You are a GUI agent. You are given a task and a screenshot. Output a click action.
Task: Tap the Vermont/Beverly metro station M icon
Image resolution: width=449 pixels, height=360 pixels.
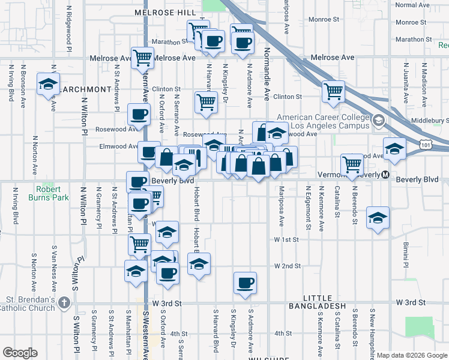click(385, 175)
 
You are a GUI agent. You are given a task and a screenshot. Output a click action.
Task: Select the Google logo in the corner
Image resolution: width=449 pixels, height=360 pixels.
click(20, 353)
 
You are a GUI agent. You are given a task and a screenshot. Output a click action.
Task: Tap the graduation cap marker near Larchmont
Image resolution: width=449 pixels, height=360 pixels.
click(49, 83)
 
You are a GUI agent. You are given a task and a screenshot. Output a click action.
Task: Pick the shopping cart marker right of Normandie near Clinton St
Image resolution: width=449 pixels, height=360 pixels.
click(333, 91)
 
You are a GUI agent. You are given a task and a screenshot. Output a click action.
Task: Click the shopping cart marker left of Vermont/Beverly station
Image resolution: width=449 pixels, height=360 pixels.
click(352, 164)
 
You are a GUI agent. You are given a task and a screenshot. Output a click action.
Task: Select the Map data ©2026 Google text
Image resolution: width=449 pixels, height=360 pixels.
click(411, 355)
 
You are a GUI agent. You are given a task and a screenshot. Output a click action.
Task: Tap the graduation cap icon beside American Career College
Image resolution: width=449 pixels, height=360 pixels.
click(378, 121)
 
